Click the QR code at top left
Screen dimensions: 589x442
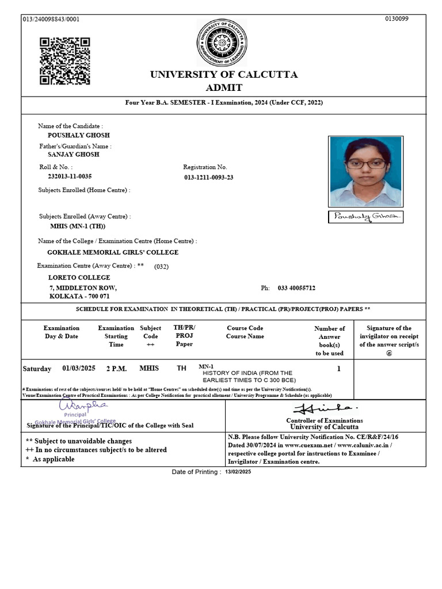coord(64,61)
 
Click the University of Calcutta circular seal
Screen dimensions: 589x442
coord(222,43)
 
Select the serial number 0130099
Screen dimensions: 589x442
coord(397,19)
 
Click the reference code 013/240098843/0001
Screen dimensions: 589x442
coord(51,19)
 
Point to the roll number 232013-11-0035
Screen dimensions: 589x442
coord(70,177)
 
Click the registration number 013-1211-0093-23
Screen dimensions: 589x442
coord(209,178)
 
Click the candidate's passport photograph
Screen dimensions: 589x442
coord(365,171)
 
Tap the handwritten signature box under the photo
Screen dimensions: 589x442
coord(365,217)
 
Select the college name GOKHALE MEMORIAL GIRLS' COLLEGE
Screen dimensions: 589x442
coord(113,253)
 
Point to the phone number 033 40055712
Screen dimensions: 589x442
coord(296,288)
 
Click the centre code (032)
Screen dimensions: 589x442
coord(162,266)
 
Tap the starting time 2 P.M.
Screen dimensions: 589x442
coord(116,369)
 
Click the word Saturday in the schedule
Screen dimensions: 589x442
coord(37,369)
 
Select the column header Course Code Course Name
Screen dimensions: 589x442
coord(245,332)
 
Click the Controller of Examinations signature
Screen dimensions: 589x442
coord(326,409)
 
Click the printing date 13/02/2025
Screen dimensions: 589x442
coord(238,472)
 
